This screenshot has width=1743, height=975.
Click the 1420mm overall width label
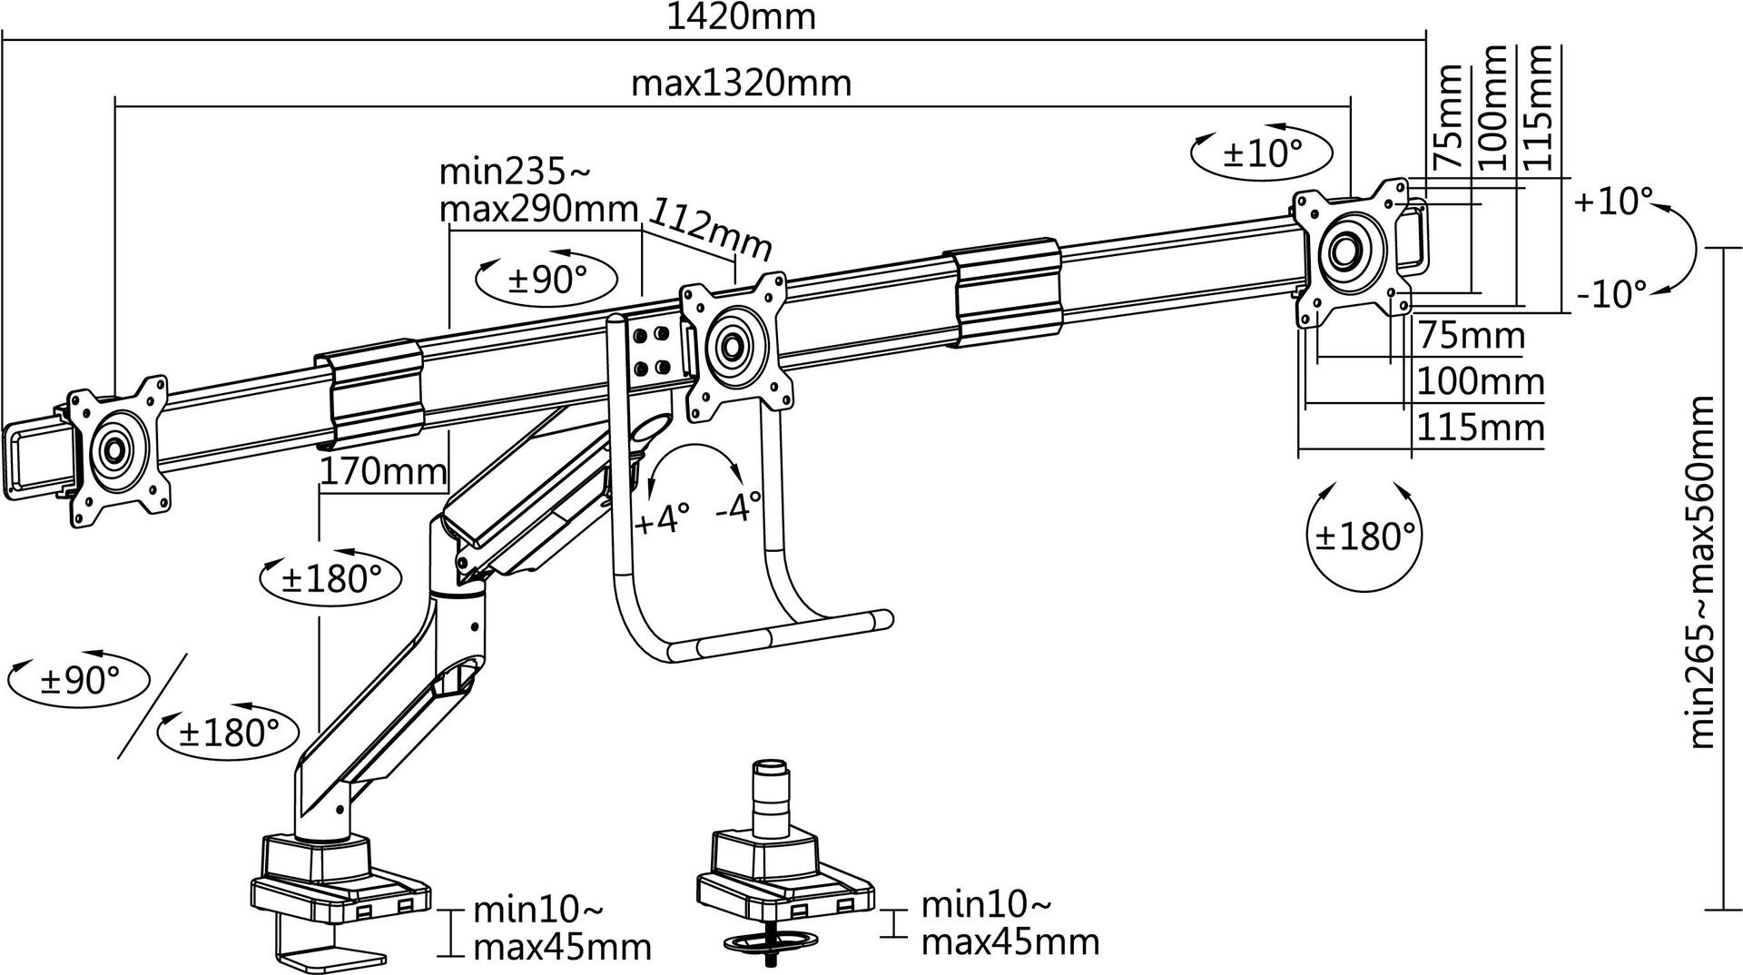(x=741, y=16)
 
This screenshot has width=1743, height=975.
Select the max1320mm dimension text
(x=741, y=83)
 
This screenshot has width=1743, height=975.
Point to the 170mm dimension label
(x=382, y=471)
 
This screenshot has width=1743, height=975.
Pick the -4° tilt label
(x=738, y=507)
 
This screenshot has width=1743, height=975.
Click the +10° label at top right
(x=1613, y=201)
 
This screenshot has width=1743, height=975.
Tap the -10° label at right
(x=1611, y=293)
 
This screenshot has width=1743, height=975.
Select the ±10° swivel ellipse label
(x=1262, y=153)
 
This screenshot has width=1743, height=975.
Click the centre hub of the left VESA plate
(x=114, y=448)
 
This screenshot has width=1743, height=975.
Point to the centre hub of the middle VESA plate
(x=732, y=346)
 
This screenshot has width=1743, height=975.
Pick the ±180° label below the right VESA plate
(x=1364, y=537)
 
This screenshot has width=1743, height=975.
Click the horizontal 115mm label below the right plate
(x=1480, y=427)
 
